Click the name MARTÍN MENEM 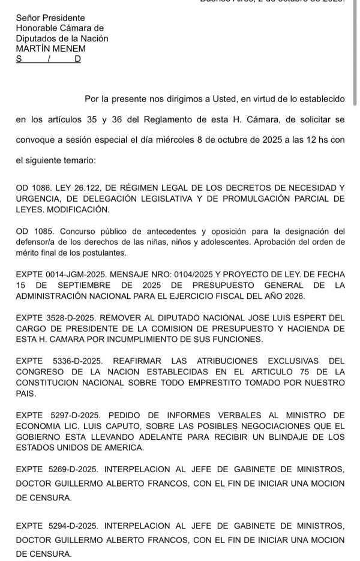[51, 49]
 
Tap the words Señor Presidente [50, 18]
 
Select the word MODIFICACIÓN [79, 210]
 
